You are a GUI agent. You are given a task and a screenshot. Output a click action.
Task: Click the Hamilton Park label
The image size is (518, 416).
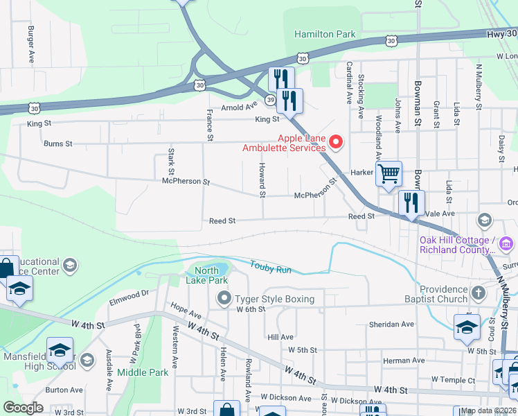pos(325,34)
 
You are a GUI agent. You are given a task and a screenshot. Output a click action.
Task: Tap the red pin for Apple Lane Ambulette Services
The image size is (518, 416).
pos(337,142)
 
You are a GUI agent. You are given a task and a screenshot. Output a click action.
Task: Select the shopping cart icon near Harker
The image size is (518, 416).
pos(388,173)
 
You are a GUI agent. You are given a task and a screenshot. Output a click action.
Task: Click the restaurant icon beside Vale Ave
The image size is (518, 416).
pos(412,203)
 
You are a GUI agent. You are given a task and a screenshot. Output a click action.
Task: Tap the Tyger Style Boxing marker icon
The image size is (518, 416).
pos(224,299)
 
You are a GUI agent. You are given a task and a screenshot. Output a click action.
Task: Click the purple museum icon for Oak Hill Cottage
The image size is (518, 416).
pos(506,243)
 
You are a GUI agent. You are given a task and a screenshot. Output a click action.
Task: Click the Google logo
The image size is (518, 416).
pos(23,408)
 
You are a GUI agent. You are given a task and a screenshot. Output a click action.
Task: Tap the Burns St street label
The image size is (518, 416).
pos(58,144)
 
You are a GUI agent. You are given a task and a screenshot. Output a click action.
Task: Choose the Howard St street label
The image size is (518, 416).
pos(262,180)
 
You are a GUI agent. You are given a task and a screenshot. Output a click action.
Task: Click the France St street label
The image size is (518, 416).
pos(208,124)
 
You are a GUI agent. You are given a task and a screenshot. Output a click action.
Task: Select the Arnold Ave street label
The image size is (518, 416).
pos(239,107)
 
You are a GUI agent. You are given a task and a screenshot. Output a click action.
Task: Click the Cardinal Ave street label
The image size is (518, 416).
pos(349,83)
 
